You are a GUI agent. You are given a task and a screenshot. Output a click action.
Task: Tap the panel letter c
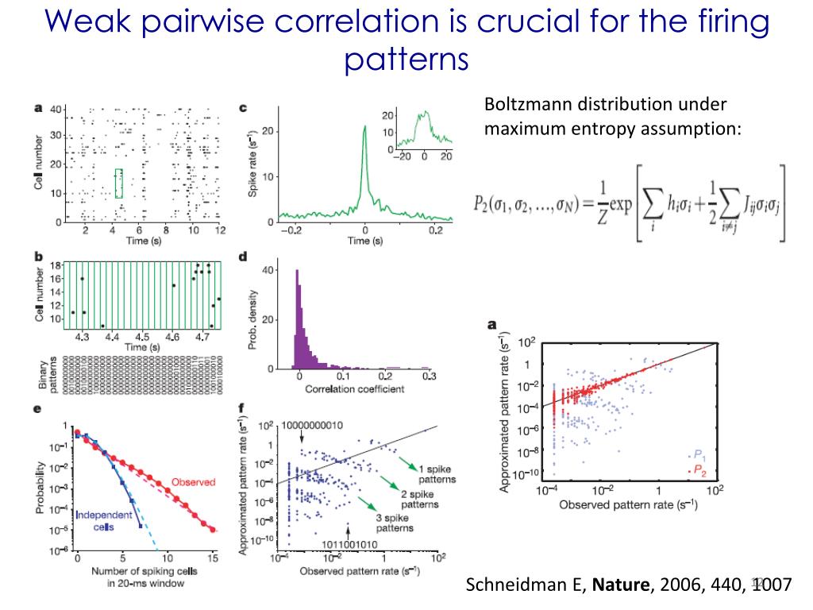point(243,107)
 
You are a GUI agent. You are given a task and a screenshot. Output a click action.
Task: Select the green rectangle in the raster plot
point(119,183)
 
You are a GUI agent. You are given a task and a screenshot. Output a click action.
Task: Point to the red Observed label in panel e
point(193,482)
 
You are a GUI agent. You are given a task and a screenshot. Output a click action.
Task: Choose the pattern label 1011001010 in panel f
point(350,544)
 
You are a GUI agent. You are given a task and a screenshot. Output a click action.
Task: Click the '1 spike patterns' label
point(436,473)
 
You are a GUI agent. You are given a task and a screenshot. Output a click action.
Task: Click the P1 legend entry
point(698,456)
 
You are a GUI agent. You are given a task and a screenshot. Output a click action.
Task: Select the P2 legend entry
point(698,470)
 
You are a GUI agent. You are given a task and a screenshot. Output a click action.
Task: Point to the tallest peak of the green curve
point(364,126)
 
